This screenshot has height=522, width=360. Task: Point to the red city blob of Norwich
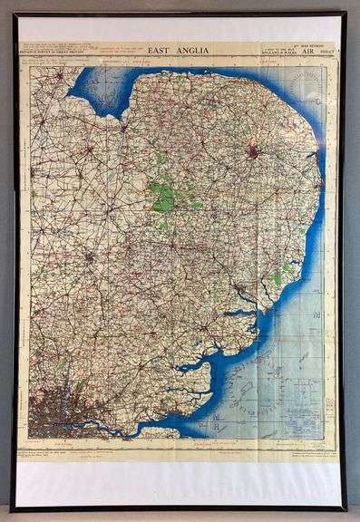[x=254, y=152]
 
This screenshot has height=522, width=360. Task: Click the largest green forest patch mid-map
[x=162, y=196]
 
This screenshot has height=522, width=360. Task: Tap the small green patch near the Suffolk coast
[x=277, y=276]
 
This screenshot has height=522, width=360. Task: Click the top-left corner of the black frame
[x=15, y=14]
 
